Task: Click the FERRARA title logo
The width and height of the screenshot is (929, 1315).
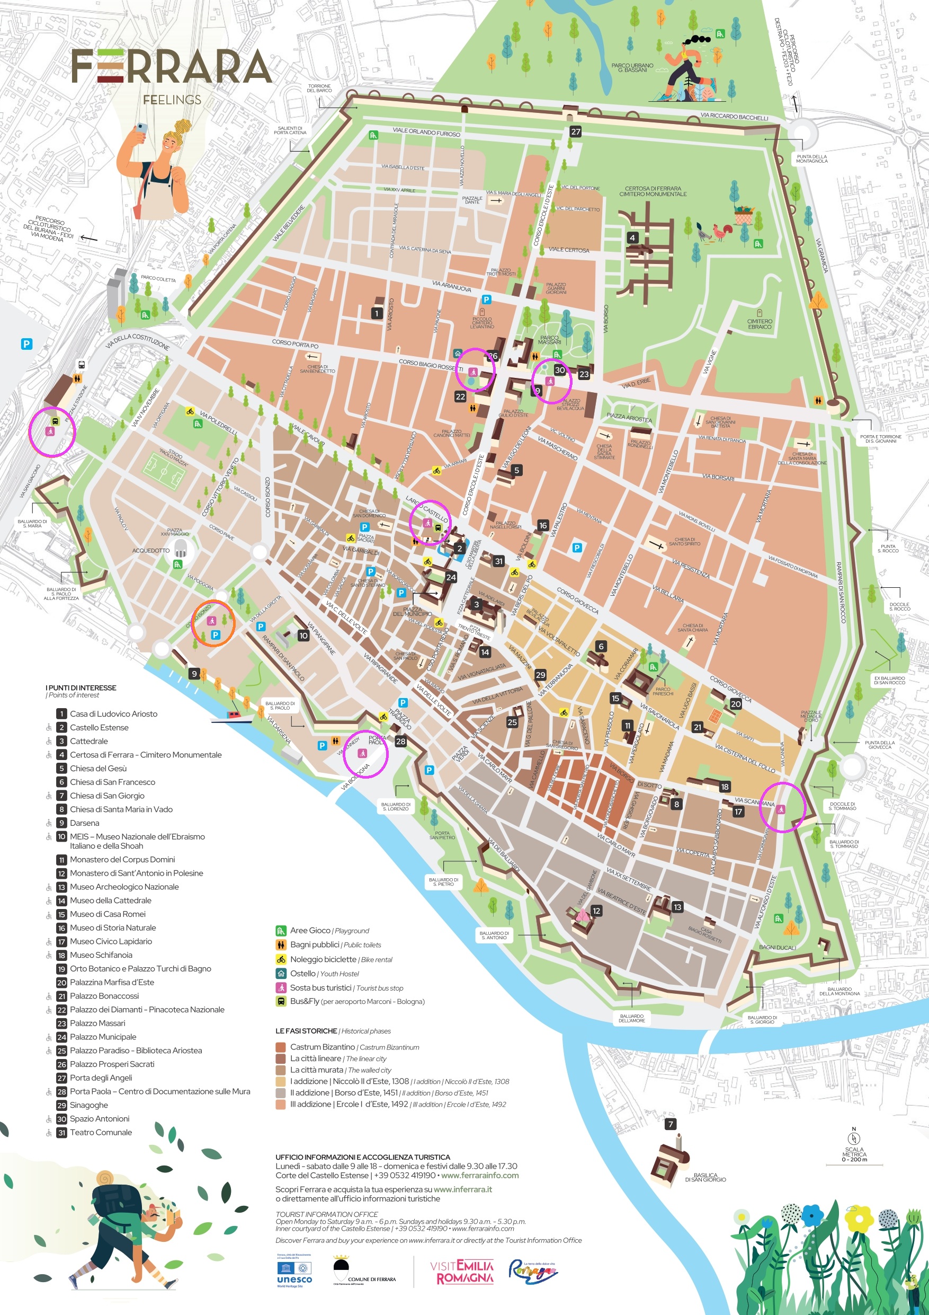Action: [x=171, y=66]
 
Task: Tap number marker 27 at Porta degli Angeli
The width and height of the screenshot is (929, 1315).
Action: [x=575, y=132]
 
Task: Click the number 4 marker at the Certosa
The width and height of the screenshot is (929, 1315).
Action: [x=632, y=237]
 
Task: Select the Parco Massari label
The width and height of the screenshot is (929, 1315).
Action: [x=549, y=340]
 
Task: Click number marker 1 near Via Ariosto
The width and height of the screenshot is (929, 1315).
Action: [x=377, y=313]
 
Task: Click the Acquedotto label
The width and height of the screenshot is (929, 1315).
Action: [x=150, y=550]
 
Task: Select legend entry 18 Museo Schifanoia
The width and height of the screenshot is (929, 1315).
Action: [x=101, y=955]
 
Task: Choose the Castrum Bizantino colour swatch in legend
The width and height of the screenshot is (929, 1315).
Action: [x=281, y=1047]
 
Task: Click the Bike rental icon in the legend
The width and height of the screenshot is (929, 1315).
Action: [x=281, y=959]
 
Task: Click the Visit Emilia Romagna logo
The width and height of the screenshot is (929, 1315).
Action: [x=461, y=1272]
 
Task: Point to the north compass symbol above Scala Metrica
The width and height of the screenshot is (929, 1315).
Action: [x=853, y=1139]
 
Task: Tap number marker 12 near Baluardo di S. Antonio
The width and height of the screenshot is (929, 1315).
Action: [x=596, y=911]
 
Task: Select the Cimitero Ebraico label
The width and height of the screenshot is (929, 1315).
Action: [x=759, y=324]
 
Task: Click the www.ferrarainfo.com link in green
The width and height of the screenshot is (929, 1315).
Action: [x=480, y=1175]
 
